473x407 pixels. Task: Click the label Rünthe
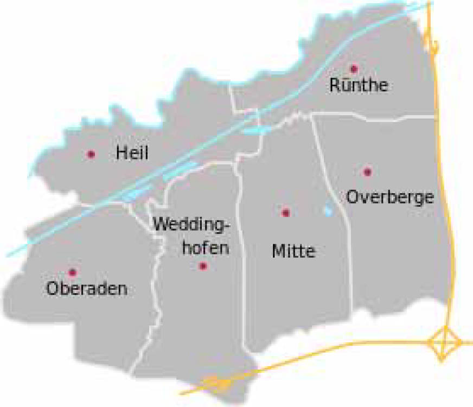pyautogui.click(x=359, y=86)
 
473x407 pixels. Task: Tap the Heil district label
pyautogui.click(x=132, y=153)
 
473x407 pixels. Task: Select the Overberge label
pyautogui.click(x=390, y=196)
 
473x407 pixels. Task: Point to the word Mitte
pyautogui.click(x=293, y=251)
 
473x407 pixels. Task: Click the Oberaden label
pyautogui.click(x=87, y=289)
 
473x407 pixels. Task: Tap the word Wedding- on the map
pyautogui.click(x=193, y=224)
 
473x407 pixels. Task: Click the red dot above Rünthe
pyautogui.click(x=354, y=69)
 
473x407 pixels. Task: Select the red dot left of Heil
pyautogui.click(x=91, y=154)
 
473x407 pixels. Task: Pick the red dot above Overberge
pyautogui.click(x=368, y=172)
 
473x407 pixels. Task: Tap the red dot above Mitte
pyautogui.click(x=285, y=213)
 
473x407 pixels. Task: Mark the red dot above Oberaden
pyautogui.click(x=72, y=272)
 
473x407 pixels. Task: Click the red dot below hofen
pyautogui.click(x=203, y=266)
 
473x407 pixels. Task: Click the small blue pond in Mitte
pyautogui.click(x=328, y=211)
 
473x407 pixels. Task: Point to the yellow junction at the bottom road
pyautogui.click(x=221, y=383)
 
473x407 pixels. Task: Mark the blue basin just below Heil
pyautogui.click(x=136, y=192)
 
